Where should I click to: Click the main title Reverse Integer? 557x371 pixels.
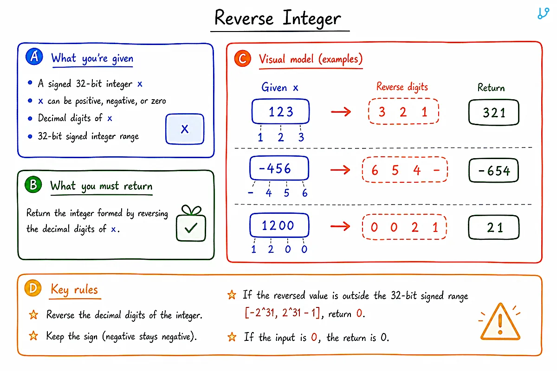(278, 18)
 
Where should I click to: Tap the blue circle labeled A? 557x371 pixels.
(34, 57)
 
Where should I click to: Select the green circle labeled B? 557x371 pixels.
(33, 185)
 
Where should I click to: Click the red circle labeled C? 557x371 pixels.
(243, 58)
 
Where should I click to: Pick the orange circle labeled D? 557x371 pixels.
(33, 288)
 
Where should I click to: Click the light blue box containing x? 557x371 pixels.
(185, 129)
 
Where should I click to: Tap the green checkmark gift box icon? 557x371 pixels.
(191, 223)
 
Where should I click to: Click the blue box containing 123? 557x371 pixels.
(280, 111)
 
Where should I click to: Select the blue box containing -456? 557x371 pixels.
(279, 168)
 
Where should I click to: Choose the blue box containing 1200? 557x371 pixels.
(279, 225)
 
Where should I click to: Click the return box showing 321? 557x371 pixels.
(494, 112)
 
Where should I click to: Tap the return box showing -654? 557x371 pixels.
(494, 171)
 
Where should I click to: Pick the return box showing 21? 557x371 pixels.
(494, 227)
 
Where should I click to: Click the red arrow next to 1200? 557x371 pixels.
(340, 226)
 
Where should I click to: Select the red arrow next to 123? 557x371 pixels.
(341, 112)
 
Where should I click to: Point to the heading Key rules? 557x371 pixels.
(74, 290)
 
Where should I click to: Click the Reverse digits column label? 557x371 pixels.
(402, 87)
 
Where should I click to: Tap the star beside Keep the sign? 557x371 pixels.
(33, 336)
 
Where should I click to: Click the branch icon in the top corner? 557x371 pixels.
(543, 13)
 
